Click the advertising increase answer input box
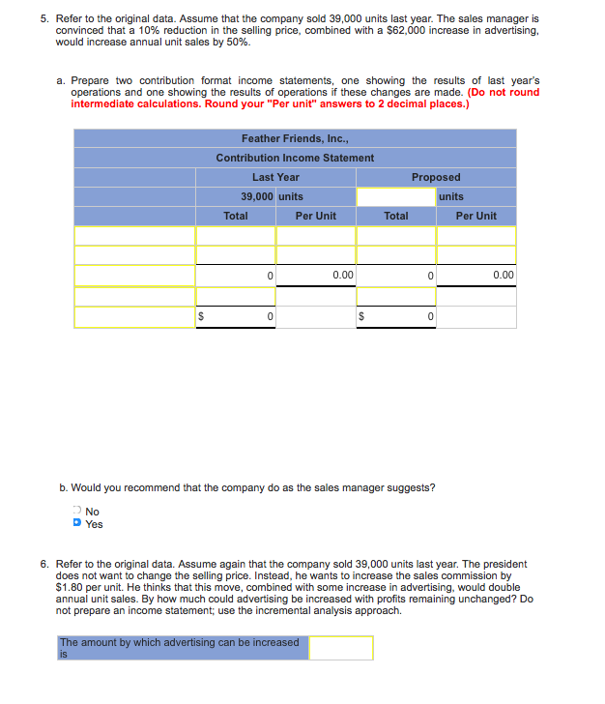340,648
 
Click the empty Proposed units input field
395,196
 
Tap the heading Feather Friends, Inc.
295,138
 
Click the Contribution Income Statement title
295,158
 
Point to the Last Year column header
275,177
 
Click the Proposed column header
436,177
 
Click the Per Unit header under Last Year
315,216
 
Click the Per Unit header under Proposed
476,216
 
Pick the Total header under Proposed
396,216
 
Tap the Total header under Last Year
236,216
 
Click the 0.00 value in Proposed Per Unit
503,276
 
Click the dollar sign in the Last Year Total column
201,316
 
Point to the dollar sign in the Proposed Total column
362,316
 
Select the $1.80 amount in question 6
71,587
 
